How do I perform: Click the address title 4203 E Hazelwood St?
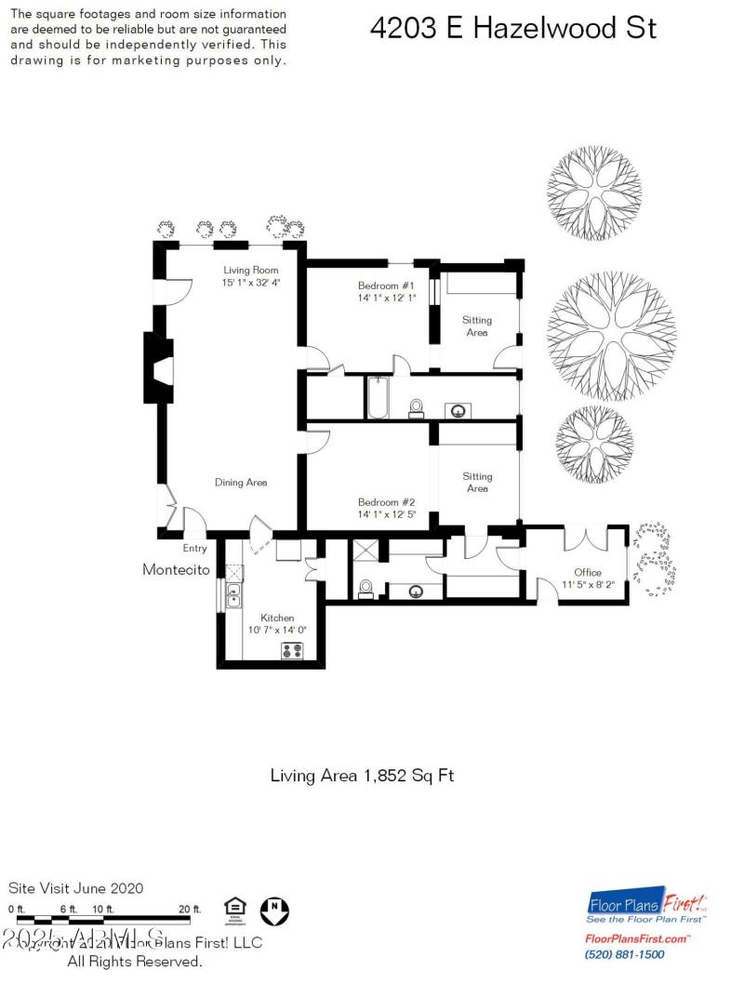(x=512, y=28)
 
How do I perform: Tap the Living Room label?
(x=251, y=270)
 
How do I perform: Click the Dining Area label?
(x=241, y=482)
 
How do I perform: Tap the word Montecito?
(x=176, y=569)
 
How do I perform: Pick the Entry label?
(x=194, y=549)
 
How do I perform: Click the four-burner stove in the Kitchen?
(x=294, y=650)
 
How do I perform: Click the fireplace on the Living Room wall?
(x=157, y=367)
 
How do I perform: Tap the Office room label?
(x=587, y=572)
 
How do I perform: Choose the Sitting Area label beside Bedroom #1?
(x=477, y=326)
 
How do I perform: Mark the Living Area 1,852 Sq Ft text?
(x=362, y=775)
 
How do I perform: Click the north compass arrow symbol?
(x=273, y=910)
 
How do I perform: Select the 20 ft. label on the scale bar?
(x=189, y=908)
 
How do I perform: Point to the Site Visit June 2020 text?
(x=76, y=888)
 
